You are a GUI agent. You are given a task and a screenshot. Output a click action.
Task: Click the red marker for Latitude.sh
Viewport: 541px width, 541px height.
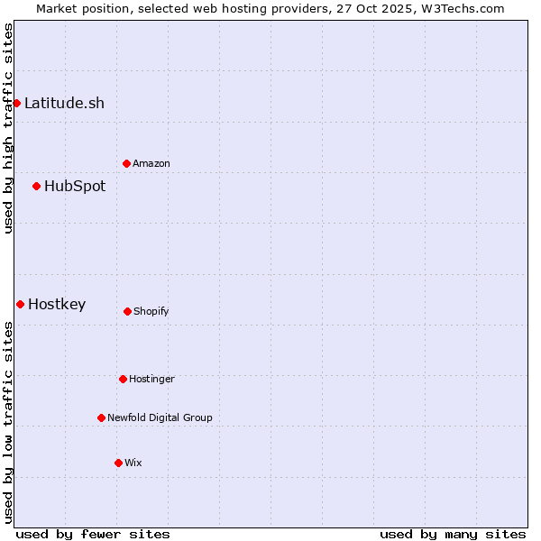point(16,103)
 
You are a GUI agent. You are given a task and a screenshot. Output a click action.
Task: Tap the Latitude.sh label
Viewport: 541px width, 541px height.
point(64,103)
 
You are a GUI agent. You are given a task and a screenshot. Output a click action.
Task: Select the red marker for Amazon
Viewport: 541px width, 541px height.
point(126,163)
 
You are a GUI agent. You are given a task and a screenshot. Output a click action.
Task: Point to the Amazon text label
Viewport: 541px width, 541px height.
point(151,163)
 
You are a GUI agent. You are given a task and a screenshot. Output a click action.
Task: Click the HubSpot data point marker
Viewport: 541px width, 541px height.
point(36,186)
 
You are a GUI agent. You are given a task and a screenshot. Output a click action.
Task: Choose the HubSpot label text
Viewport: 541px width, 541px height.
point(75,186)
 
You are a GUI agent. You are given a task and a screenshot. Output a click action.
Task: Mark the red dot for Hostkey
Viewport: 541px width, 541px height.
point(20,304)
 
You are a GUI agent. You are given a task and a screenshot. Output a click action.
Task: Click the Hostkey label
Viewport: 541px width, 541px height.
point(57,304)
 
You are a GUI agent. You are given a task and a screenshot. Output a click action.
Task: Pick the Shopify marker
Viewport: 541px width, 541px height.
point(127,311)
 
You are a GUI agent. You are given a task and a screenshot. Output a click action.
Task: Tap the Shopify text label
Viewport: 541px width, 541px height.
point(151,311)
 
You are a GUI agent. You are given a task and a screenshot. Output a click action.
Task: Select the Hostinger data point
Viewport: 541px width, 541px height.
point(123,379)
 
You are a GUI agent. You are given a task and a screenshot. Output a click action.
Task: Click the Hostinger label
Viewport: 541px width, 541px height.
point(151,379)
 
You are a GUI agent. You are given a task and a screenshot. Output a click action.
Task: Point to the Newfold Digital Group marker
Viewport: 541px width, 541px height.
point(101,417)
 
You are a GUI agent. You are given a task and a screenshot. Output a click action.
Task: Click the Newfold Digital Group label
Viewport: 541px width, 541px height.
point(160,417)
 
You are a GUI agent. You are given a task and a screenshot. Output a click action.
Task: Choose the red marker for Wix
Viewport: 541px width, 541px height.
point(118,463)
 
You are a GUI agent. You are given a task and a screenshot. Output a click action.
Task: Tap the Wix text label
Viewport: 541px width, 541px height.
point(133,463)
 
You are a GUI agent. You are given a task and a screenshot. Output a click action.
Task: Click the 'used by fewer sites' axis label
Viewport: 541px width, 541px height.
point(93,534)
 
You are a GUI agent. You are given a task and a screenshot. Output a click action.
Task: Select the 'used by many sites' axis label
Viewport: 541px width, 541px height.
point(453,534)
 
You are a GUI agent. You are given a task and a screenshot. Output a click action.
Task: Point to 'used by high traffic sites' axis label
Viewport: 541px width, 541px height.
point(8,128)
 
